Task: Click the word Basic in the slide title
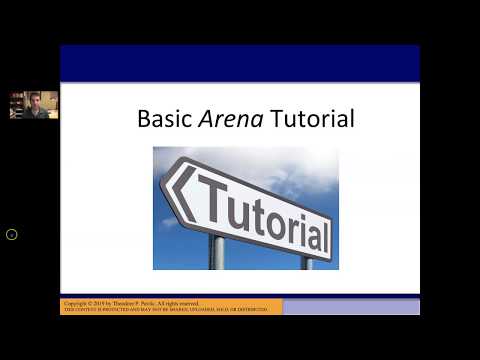(x=161, y=120)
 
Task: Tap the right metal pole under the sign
(x=308, y=262)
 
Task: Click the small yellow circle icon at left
(x=12, y=234)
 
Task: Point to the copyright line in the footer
(x=131, y=302)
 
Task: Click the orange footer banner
(x=170, y=306)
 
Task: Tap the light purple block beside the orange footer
(x=350, y=306)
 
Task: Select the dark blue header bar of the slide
(x=239, y=62)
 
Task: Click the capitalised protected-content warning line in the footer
(x=165, y=310)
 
